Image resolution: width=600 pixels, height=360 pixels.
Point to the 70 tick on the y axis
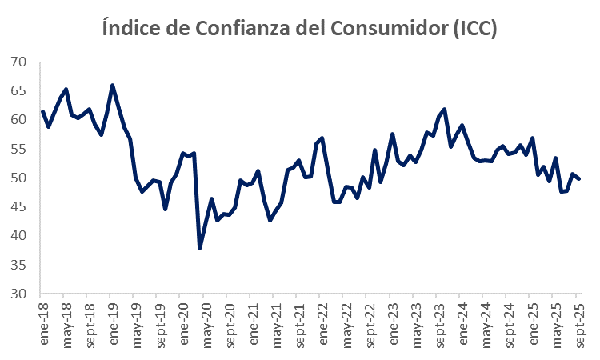point(18,62)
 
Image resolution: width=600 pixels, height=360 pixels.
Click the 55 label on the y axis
point(18,149)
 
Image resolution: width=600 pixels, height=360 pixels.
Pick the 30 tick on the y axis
point(18,294)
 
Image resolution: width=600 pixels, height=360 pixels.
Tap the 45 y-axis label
point(18,207)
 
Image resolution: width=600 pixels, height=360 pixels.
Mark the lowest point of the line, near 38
point(200,248)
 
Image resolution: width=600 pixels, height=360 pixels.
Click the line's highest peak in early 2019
point(112,85)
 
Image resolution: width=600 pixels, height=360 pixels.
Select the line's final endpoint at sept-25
point(579,178)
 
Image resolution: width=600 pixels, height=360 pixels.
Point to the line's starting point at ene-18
point(42,111)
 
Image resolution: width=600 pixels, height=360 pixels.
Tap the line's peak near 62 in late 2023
point(444,109)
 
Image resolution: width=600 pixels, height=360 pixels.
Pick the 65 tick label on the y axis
point(18,91)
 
